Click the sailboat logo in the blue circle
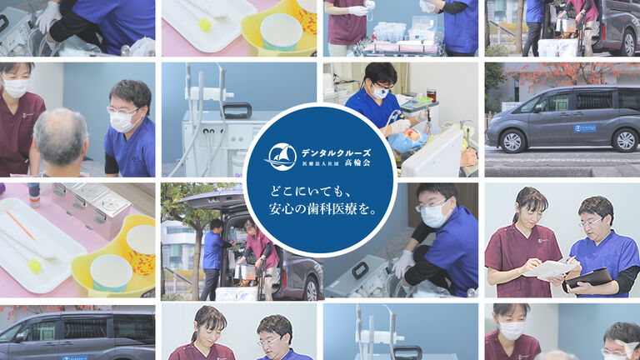(281, 157)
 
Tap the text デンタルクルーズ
(337, 153)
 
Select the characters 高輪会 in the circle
(357, 163)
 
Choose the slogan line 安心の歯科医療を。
(322, 208)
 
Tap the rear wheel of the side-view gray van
(625, 140)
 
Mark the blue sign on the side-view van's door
(584, 128)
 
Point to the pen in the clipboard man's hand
(569, 260)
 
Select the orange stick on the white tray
(20, 225)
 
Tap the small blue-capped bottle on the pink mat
(34, 195)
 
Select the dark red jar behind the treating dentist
(432, 95)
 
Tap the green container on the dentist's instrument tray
(424, 100)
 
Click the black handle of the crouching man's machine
(359, 270)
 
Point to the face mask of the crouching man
(434, 216)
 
